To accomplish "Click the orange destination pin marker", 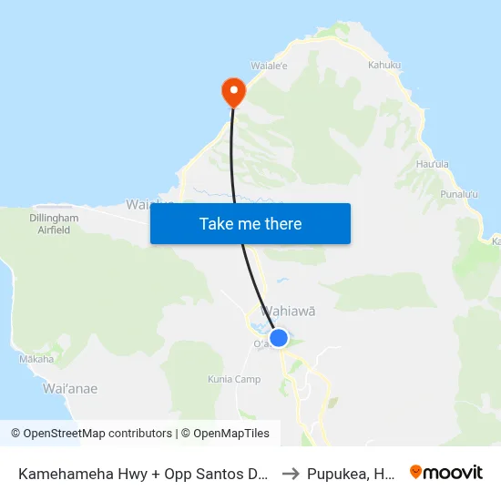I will click(233, 90).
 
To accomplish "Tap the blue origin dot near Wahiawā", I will click(279, 338).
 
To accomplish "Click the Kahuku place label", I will click(383, 65).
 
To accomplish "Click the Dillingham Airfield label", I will click(54, 224).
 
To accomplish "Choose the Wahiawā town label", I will click(289, 311).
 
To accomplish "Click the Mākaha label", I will click(36, 359).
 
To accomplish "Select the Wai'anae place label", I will click(70, 389).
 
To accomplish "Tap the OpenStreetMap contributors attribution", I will click(91, 434).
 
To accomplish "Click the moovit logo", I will click(446, 473).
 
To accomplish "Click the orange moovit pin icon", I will click(416, 473).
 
